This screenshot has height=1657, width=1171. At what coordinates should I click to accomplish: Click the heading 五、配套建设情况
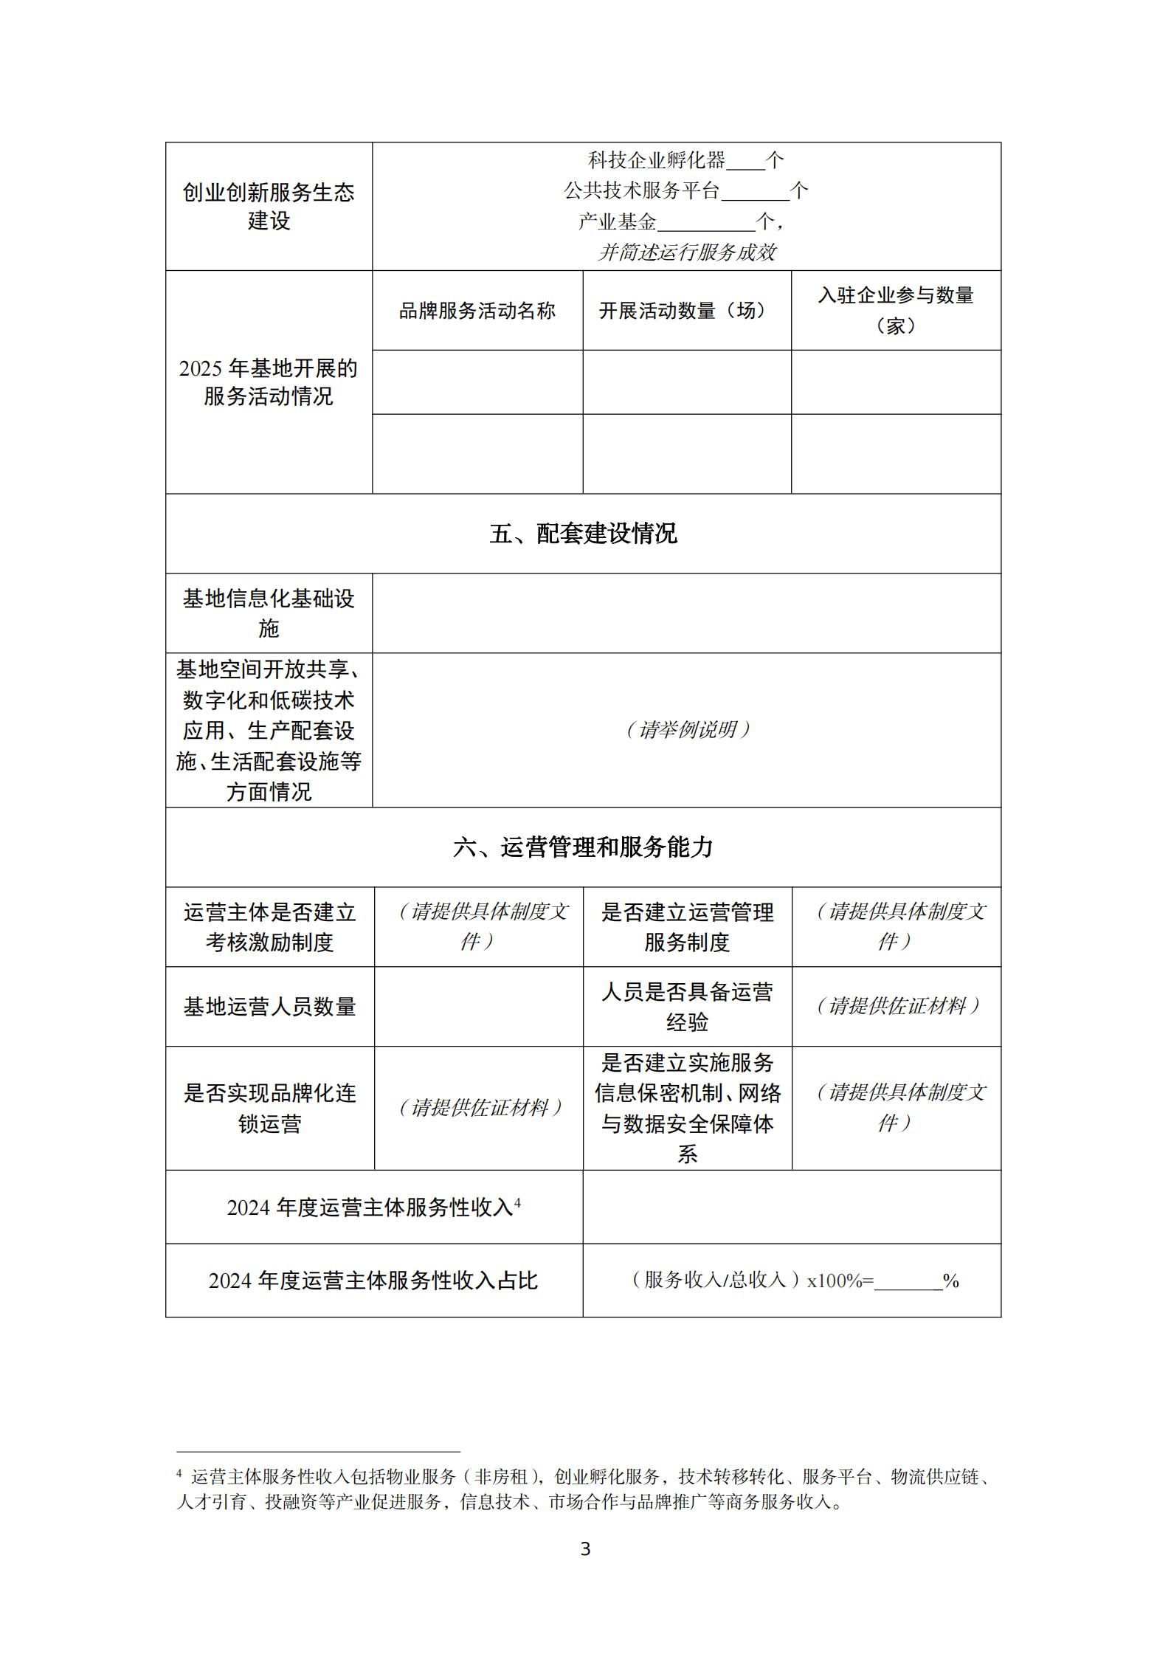[583, 533]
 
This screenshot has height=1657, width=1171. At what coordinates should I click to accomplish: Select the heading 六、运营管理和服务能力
[583, 847]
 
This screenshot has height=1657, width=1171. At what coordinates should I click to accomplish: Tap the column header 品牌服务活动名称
[477, 311]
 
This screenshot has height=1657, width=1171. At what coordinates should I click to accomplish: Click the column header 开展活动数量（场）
[686, 311]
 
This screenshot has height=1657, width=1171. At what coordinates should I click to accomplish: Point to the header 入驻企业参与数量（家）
[896, 310]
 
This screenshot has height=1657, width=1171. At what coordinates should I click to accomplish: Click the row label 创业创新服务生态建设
[269, 206]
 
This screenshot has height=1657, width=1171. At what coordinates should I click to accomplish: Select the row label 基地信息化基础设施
[269, 613]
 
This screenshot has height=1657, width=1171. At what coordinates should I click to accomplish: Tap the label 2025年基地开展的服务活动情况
[269, 382]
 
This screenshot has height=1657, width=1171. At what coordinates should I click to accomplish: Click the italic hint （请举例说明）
[686, 730]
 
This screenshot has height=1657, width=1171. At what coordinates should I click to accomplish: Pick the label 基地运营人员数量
[269, 1006]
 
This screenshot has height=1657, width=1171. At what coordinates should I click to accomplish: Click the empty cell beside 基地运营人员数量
[478, 1006]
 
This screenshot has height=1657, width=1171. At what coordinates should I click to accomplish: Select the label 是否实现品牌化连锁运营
[269, 1108]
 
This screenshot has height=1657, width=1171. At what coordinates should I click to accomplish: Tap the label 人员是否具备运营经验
[687, 1006]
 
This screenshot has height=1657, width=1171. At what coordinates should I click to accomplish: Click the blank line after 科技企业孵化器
[746, 162]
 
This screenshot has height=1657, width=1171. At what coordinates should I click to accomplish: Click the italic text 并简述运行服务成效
[686, 252]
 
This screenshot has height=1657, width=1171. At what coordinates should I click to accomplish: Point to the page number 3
[585, 1549]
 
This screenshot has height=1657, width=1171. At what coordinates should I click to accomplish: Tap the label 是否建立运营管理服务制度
[687, 927]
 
